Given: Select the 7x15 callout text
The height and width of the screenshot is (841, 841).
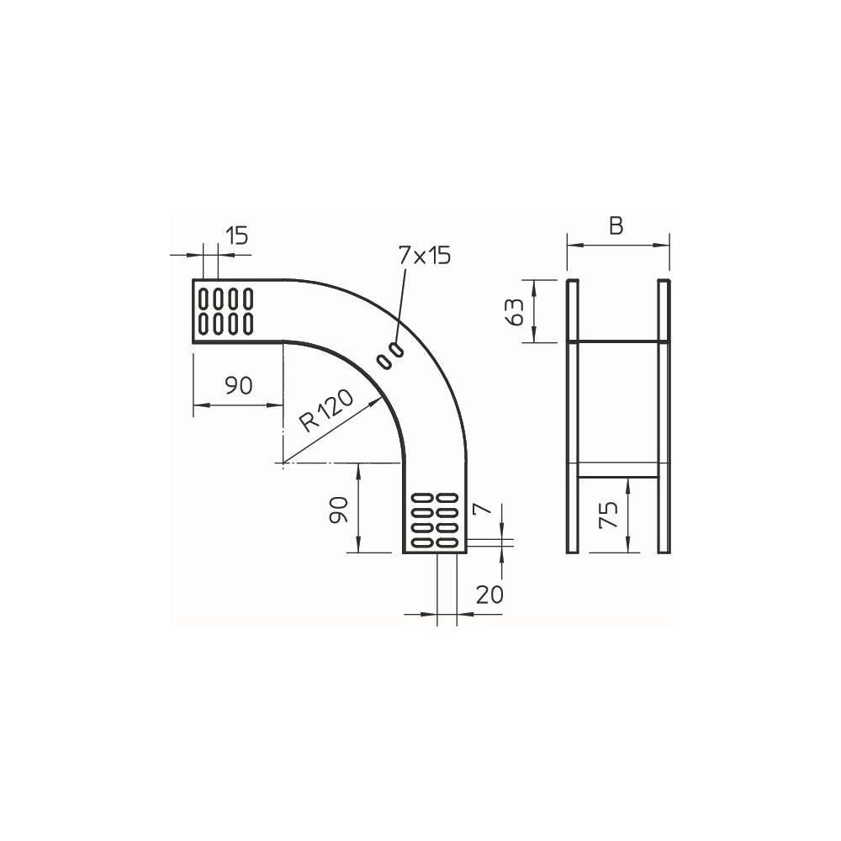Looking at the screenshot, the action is pos(425,256).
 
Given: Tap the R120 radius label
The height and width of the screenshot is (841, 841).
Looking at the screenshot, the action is pos(326,410).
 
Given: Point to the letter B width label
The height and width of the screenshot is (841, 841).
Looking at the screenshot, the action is pos(616,226).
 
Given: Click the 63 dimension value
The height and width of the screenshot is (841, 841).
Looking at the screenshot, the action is pos(515,312).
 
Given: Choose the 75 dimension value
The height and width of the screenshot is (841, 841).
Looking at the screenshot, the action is pos(609,516).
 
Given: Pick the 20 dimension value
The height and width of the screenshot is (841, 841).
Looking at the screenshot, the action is pos(489,595).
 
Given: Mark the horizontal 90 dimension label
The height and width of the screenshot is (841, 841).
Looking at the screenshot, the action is pos(238,385).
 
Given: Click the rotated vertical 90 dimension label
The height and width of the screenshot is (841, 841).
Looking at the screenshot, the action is pos(339,510).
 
